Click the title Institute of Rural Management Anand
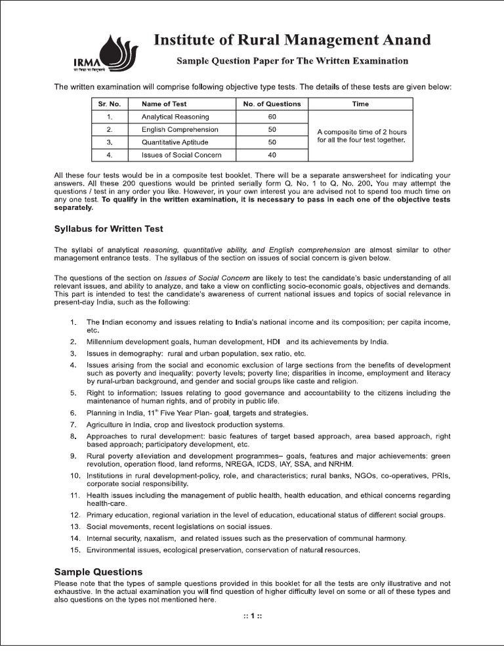tap(292, 40)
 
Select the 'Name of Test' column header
tap(164, 104)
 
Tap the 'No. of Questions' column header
tap(272, 104)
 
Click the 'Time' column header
tap(360, 104)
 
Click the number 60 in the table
tap(272, 116)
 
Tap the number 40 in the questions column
tap(272, 155)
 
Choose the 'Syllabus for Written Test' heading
tap(108, 229)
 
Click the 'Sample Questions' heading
tap(98, 572)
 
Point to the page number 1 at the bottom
tap(252, 616)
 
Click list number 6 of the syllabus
tap(73, 413)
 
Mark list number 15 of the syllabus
tap(74, 549)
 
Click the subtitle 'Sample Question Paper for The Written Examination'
tap(292, 61)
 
